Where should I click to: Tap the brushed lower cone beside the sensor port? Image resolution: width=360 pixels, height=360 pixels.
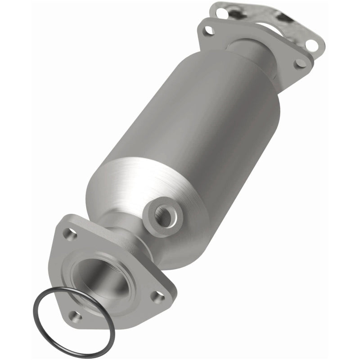[130, 189]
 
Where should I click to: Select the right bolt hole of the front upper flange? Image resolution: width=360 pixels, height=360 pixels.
[299, 63]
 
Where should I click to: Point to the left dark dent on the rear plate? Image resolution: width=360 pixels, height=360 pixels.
[243, 16]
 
